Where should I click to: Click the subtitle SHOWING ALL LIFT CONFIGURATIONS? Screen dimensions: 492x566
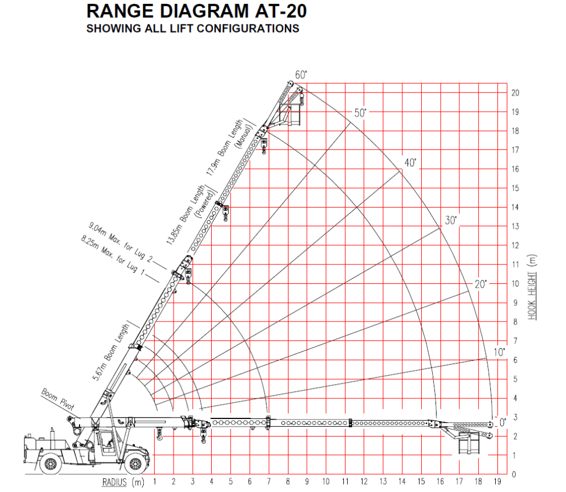click(x=193, y=28)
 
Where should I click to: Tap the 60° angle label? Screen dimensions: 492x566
click(x=301, y=75)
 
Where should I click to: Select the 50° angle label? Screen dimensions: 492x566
click(x=360, y=113)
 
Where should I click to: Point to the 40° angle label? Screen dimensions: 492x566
click(x=410, y=163)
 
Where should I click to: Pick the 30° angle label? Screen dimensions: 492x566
click(x=452, y=220)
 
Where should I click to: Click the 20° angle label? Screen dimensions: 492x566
click(x=481, y=284)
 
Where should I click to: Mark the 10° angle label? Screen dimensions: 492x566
click(x=500, y=351)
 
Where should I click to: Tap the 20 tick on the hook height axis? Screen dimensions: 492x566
click(x=515, y=92)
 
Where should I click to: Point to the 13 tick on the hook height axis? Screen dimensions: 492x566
click(x=515, y=226)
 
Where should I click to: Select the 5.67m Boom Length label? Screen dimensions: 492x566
click(x=111, y=354)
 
